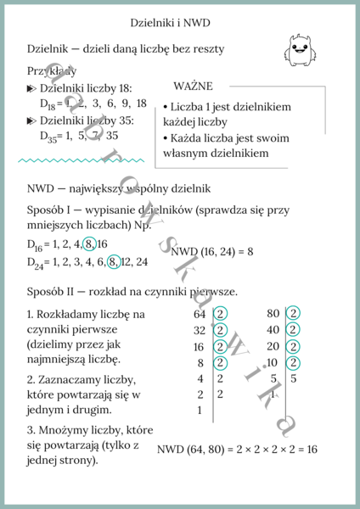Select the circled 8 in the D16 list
pyautogui.click(x=89, y=244)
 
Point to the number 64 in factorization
pyautogui.click(x=200, y=314)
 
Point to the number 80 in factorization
pyautogui.click(x=273, y=314)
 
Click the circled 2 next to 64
pyautogui.click(x=221, y=314)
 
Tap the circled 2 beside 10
pyautogui.click(x=294, y=362)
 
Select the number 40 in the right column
pyautogui.click(x=273, y=330)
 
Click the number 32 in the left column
pyautogui.click(x=200, y=330)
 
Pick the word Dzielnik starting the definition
pyautogui.click(x=53, y=49)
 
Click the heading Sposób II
pyautogui.click(x=56, y=292)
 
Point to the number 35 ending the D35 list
pyautogui.click(x=112, y=135)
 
